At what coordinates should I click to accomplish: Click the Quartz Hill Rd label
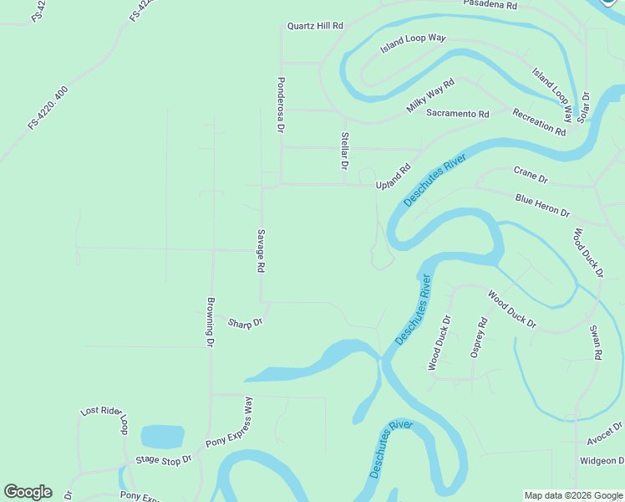click(315, 26)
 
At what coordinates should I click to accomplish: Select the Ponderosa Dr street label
click(281, 105)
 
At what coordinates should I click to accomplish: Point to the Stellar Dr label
click(344, 151)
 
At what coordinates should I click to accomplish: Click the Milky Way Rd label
click(430, 96)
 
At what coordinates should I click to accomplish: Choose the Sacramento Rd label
click(457, 113)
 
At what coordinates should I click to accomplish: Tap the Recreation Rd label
click(539, 122)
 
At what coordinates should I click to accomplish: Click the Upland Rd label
click(394, 177)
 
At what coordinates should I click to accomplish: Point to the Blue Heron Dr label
click(542, 206)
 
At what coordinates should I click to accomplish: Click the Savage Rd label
click(261, 250)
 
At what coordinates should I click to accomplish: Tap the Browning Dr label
click(211, 322)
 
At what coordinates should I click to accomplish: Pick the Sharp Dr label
click(246, 323)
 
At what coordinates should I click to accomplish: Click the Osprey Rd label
click(478, 338)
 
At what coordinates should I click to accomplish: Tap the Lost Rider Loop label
click(104, 418)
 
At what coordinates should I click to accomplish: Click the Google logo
click(28, 492)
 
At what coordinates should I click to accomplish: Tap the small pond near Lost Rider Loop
click(162, 437)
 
